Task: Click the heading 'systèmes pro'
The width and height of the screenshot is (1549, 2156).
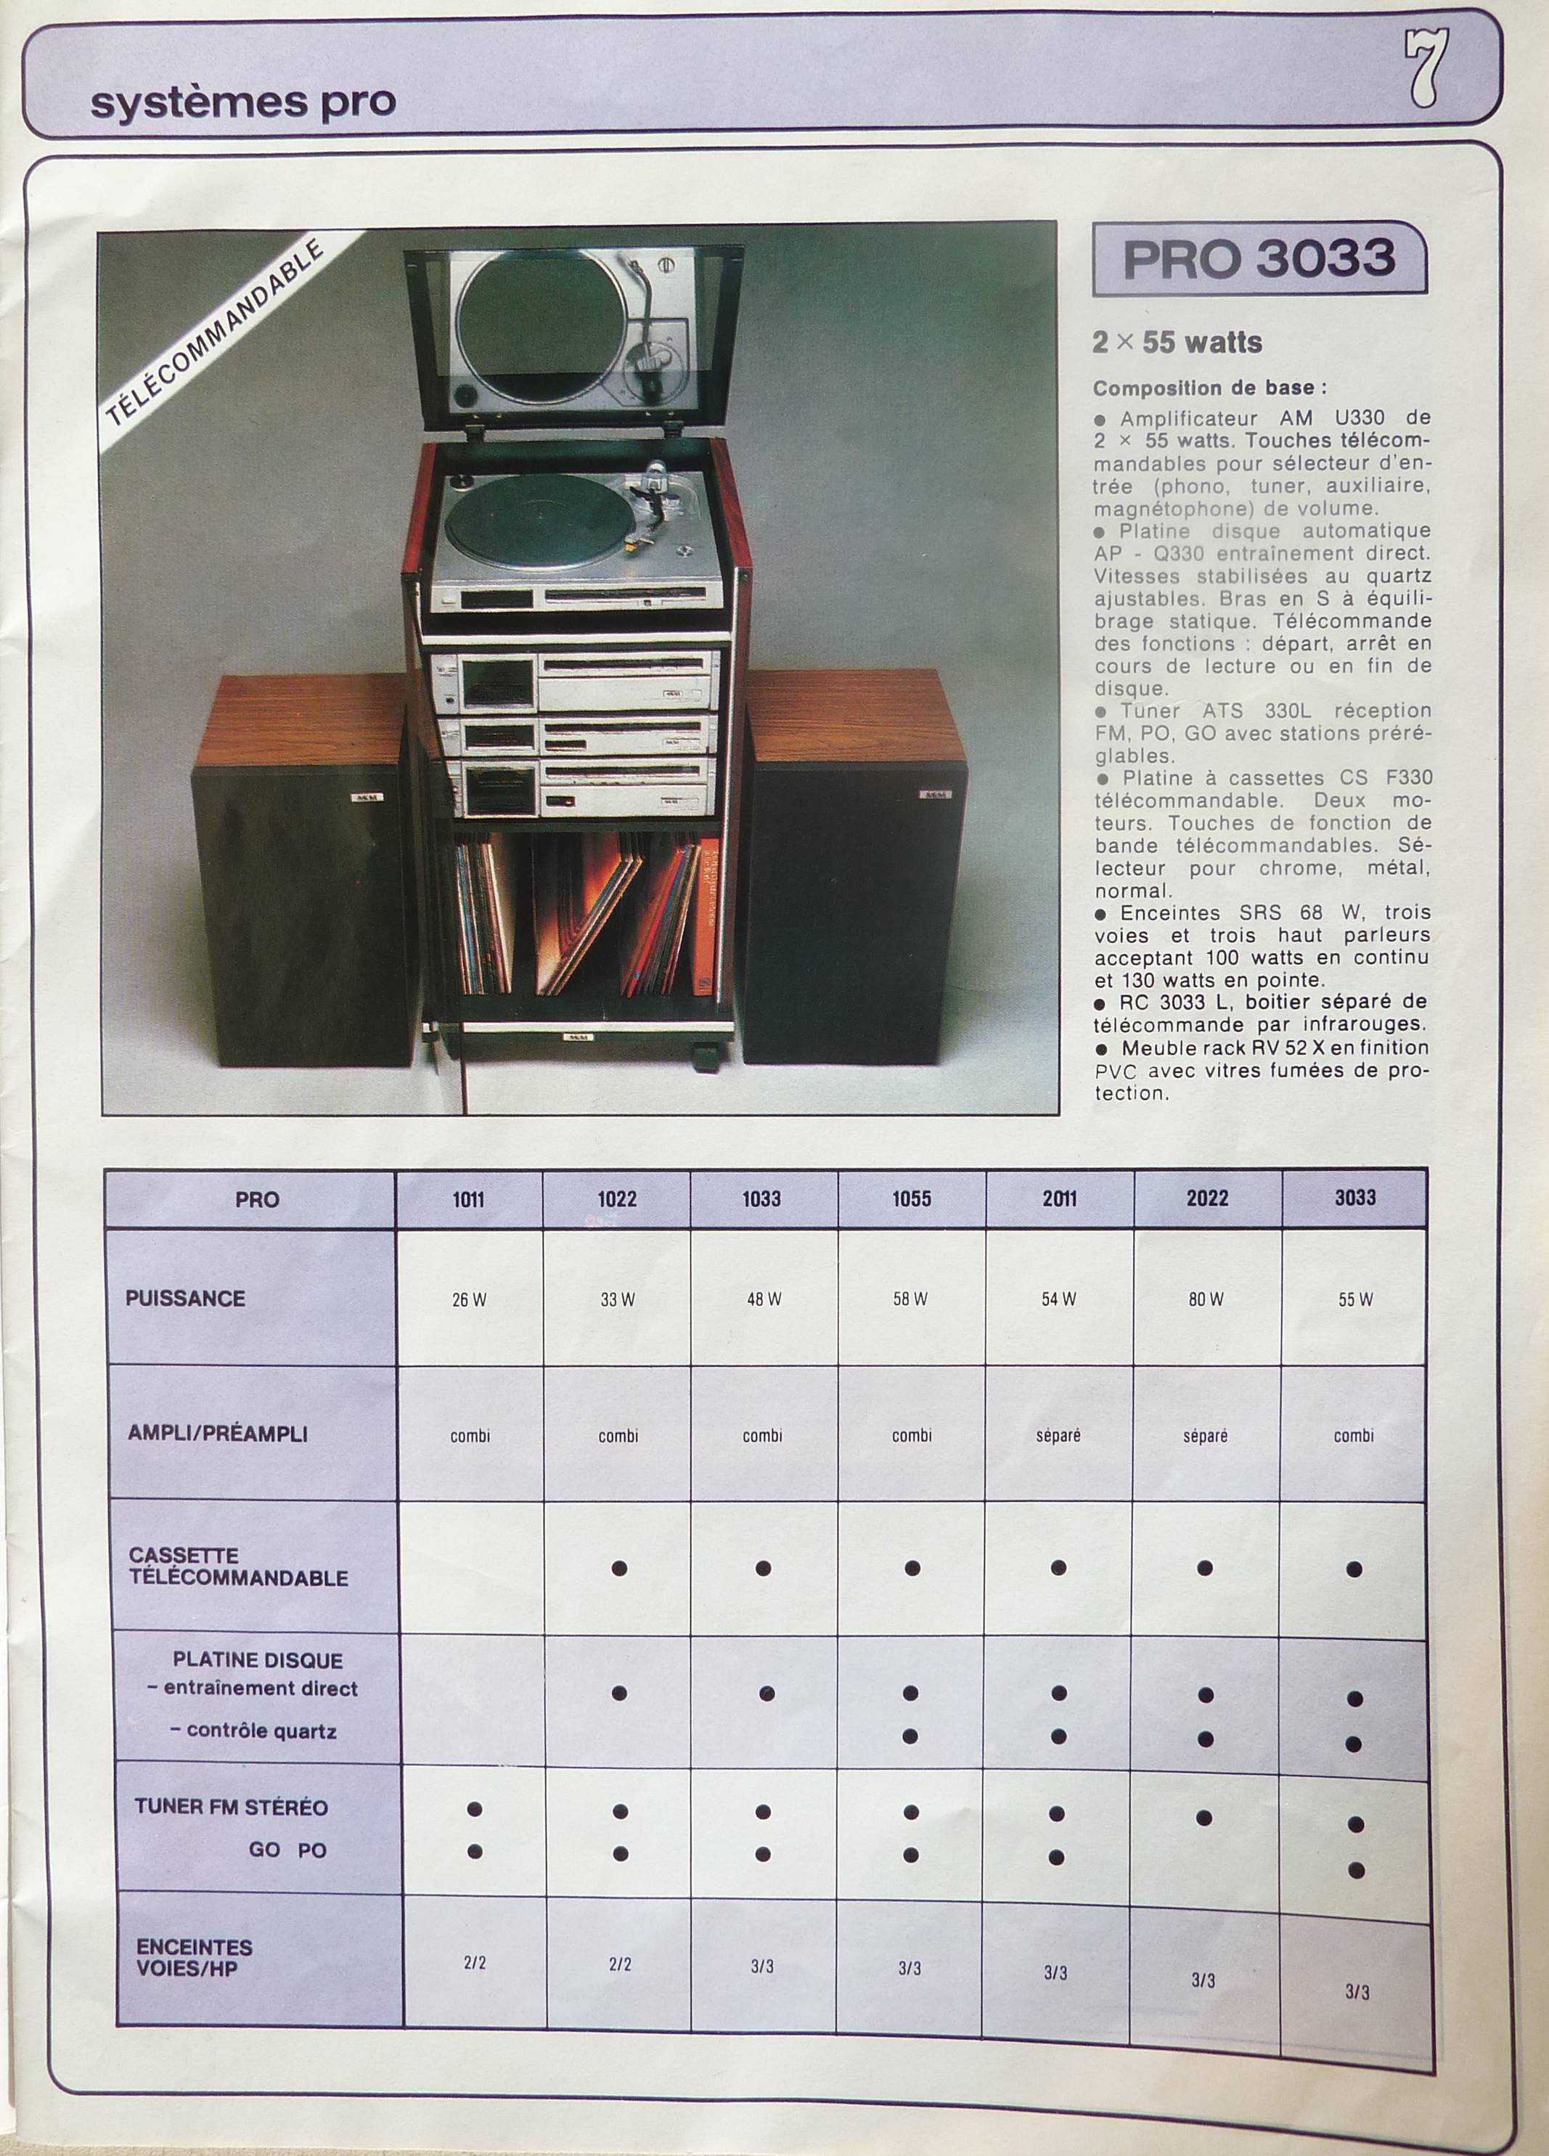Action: pos(242,102)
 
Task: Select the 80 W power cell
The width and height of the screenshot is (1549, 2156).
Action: pos(1205,1299)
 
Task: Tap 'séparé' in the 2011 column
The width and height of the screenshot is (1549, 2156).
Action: pos(1058,1435)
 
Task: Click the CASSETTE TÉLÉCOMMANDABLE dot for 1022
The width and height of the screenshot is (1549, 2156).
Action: pos(618,1569)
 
